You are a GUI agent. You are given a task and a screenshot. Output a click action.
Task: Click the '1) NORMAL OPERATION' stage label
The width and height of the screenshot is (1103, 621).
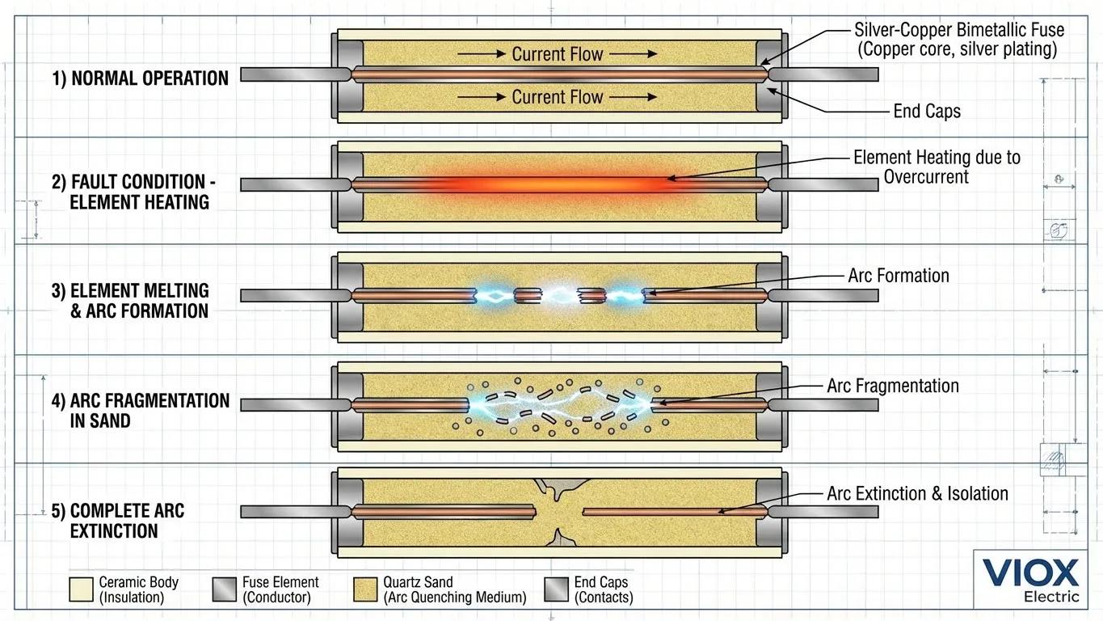(x=140, y=78)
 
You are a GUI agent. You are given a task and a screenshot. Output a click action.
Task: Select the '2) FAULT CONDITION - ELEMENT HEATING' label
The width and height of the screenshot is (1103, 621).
(x=133, y=192)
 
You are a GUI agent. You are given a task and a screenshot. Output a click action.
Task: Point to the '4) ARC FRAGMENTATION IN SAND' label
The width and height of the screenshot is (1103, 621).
(x=140, y=411)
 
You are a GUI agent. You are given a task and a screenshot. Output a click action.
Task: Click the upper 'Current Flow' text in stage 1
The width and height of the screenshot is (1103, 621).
(x=558, y=54)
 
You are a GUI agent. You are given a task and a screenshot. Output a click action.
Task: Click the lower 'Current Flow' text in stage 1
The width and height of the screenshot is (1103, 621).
(x=558, y=97)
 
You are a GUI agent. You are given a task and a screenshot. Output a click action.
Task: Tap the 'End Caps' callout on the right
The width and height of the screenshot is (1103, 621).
(x=927, y=112)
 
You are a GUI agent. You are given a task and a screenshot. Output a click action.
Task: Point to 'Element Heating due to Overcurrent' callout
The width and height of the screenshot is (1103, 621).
(x=936, y=167)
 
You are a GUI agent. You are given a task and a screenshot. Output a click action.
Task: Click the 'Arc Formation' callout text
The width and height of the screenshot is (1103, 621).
(x=899, y=276)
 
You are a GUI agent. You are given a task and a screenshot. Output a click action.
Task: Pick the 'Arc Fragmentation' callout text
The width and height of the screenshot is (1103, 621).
(x=893, y=386)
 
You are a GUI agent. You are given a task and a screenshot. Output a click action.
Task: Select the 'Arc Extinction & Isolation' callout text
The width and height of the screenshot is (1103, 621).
(x=917, y=493)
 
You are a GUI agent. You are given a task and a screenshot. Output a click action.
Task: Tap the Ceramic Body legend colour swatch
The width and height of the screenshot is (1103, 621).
(x=81, y=590)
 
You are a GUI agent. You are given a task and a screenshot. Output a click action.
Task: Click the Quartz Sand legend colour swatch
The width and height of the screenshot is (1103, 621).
(x=366, y=590)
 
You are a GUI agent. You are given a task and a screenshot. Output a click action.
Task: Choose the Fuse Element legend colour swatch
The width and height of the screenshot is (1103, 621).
(x=224, y=590)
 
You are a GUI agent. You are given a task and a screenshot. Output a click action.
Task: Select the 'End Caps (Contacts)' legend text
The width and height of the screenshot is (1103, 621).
(x=603, y=590)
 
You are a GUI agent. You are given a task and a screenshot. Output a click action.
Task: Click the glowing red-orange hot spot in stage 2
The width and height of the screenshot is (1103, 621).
(x=558, y=184)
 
